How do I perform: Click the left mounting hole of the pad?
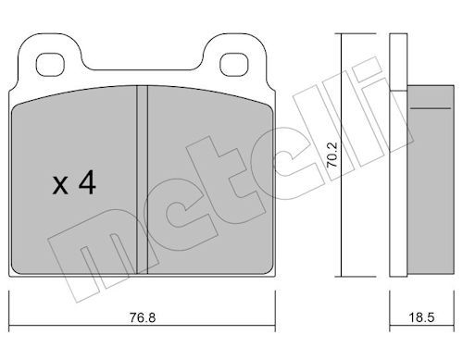[x=50, y=65]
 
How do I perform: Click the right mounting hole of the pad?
[x=234, y=65]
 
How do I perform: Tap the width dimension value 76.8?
[x=143, y=317]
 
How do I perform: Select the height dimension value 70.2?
[x=332, y=155]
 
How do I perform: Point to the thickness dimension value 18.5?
[x=421, y=317]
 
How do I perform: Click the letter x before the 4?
[x=60, y=185]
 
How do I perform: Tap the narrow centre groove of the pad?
[x=142, y=180]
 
